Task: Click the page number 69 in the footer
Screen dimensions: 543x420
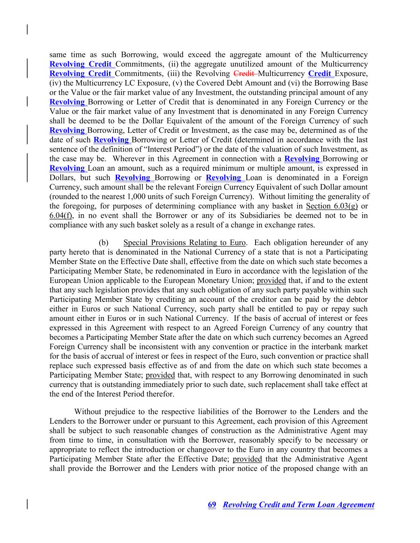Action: point(212,505)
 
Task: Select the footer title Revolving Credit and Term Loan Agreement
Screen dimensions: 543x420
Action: point(298,505)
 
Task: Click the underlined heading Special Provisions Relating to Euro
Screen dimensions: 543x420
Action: point(184,243)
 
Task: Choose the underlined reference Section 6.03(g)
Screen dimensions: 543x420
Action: point(332,206)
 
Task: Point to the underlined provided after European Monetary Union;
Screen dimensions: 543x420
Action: point(271,280)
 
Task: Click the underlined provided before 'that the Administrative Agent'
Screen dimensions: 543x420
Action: point(247,459)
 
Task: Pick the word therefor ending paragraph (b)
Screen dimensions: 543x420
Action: point(161,394)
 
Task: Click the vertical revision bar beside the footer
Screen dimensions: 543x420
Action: point(27,504)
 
